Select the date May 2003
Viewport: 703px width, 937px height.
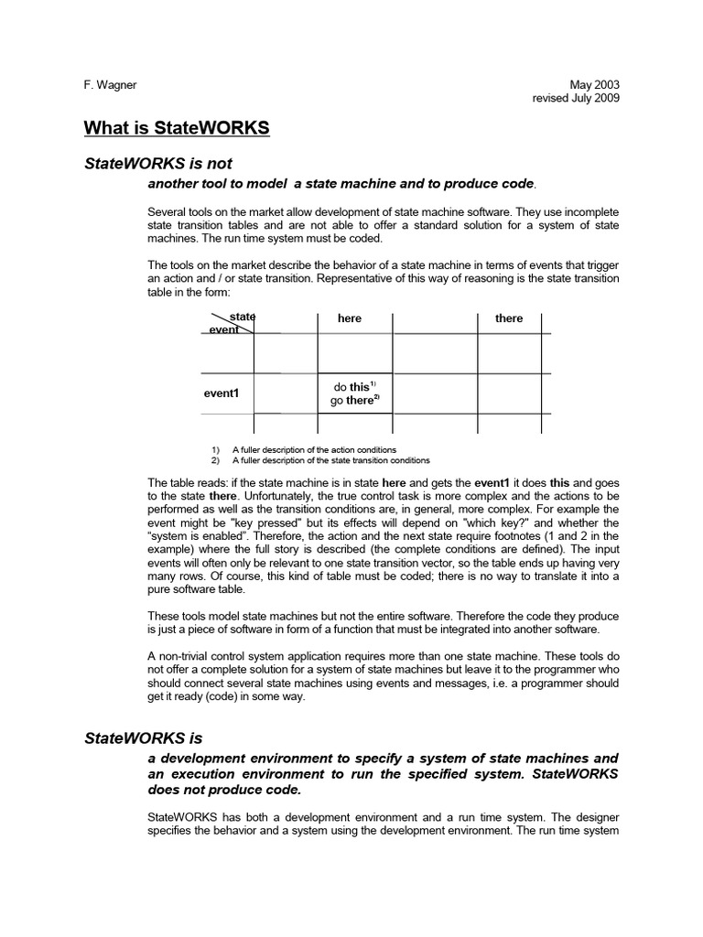click(x=595, y=85)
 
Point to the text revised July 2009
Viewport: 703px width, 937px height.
click(x=576, y=98)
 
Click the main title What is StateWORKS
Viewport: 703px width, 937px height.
click(x=177, y=127)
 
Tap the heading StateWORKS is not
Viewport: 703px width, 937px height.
click(x=158, y=164)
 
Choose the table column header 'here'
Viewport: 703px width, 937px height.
click(x=350, y=318)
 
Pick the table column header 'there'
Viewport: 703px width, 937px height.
click(x=509, y=318)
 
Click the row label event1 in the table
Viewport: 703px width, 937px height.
click(x=221, y=393)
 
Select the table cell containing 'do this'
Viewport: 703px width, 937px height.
click(x=355, y=393)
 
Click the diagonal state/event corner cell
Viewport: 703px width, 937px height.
click(x=229, y=323)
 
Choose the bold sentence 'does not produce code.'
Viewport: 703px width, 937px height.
click(x=223, y=790)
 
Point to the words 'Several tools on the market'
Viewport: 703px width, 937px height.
click(x=215, y=212)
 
